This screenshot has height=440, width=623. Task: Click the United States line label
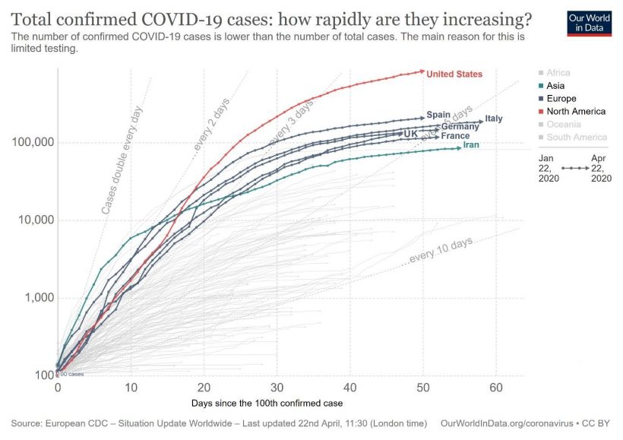[454, 74]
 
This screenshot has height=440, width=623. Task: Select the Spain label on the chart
[438, 115]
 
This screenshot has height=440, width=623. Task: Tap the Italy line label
[494, 119]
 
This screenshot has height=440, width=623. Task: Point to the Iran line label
[472, 144]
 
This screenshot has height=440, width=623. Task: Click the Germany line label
[460, 127]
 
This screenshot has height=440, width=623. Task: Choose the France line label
[455, 136]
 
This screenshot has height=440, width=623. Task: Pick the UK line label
[410, 134]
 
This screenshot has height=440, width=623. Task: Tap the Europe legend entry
[561, 99]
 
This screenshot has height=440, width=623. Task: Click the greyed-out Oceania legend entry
[564, 125]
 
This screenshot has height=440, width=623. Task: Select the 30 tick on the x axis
[277, 388]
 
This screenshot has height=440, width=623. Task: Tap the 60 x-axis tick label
[496, 388]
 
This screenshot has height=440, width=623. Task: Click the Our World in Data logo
[590, 24]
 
